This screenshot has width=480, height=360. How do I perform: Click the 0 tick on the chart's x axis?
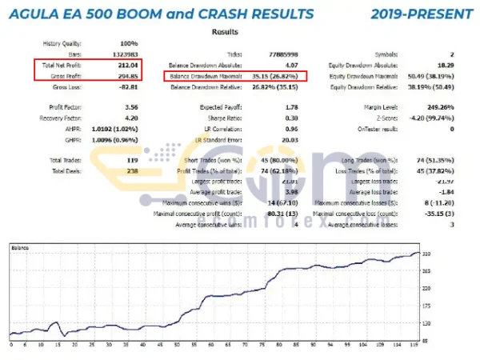(x=11, y=346)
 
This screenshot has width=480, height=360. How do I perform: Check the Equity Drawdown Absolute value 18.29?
(x=432, y=65)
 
